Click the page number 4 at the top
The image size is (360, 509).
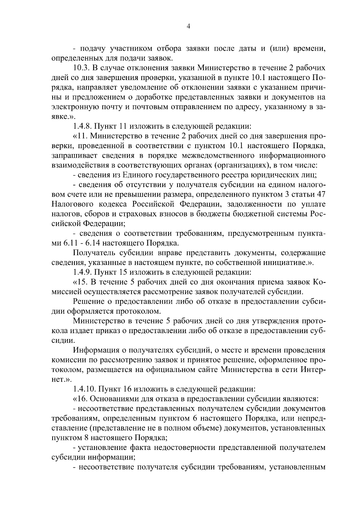(188, 26)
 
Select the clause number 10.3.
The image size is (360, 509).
(82, 68)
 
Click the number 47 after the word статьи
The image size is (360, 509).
(320, 194)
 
